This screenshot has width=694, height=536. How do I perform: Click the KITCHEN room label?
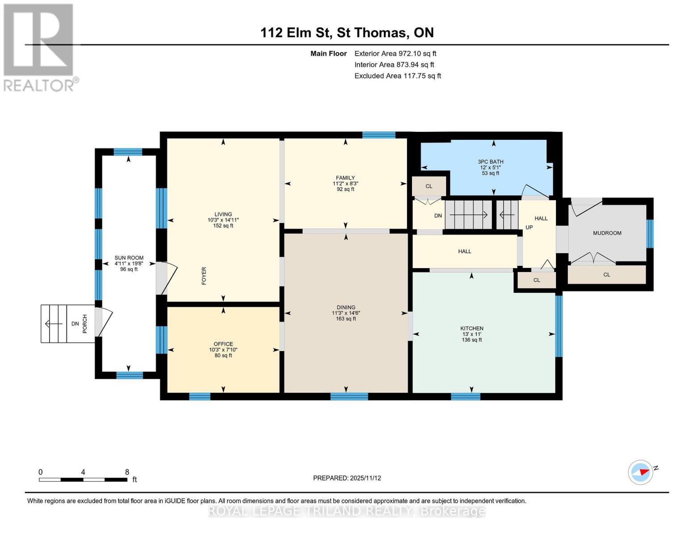point(472,328)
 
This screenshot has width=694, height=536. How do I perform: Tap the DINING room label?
point(346,307)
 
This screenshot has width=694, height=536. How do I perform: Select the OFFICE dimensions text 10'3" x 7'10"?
point(223,350)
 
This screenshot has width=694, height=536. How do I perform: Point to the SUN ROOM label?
point(129,258)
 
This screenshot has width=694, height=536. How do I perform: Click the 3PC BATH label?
point(490,162)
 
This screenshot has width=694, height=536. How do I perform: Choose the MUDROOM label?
point(607,233)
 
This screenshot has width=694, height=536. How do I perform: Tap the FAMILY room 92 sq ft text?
point(345,189)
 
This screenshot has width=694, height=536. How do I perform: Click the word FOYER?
point(204,276)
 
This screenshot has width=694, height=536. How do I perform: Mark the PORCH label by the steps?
point(85,324)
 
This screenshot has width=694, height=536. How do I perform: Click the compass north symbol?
point(641,472)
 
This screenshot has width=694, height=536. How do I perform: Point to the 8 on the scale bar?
point(127,472)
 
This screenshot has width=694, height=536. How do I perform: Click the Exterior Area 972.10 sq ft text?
point(395,54)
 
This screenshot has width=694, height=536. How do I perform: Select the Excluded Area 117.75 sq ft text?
point(397,76)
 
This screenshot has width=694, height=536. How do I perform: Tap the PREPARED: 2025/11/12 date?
point(347,478)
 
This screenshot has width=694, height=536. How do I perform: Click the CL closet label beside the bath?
point(429,186)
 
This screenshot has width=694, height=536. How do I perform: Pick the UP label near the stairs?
point(529,227)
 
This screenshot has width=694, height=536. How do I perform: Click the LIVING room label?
point(223,214)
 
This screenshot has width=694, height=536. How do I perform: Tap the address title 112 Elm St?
point(295,33)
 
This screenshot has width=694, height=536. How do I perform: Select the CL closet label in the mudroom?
point(606,275)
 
